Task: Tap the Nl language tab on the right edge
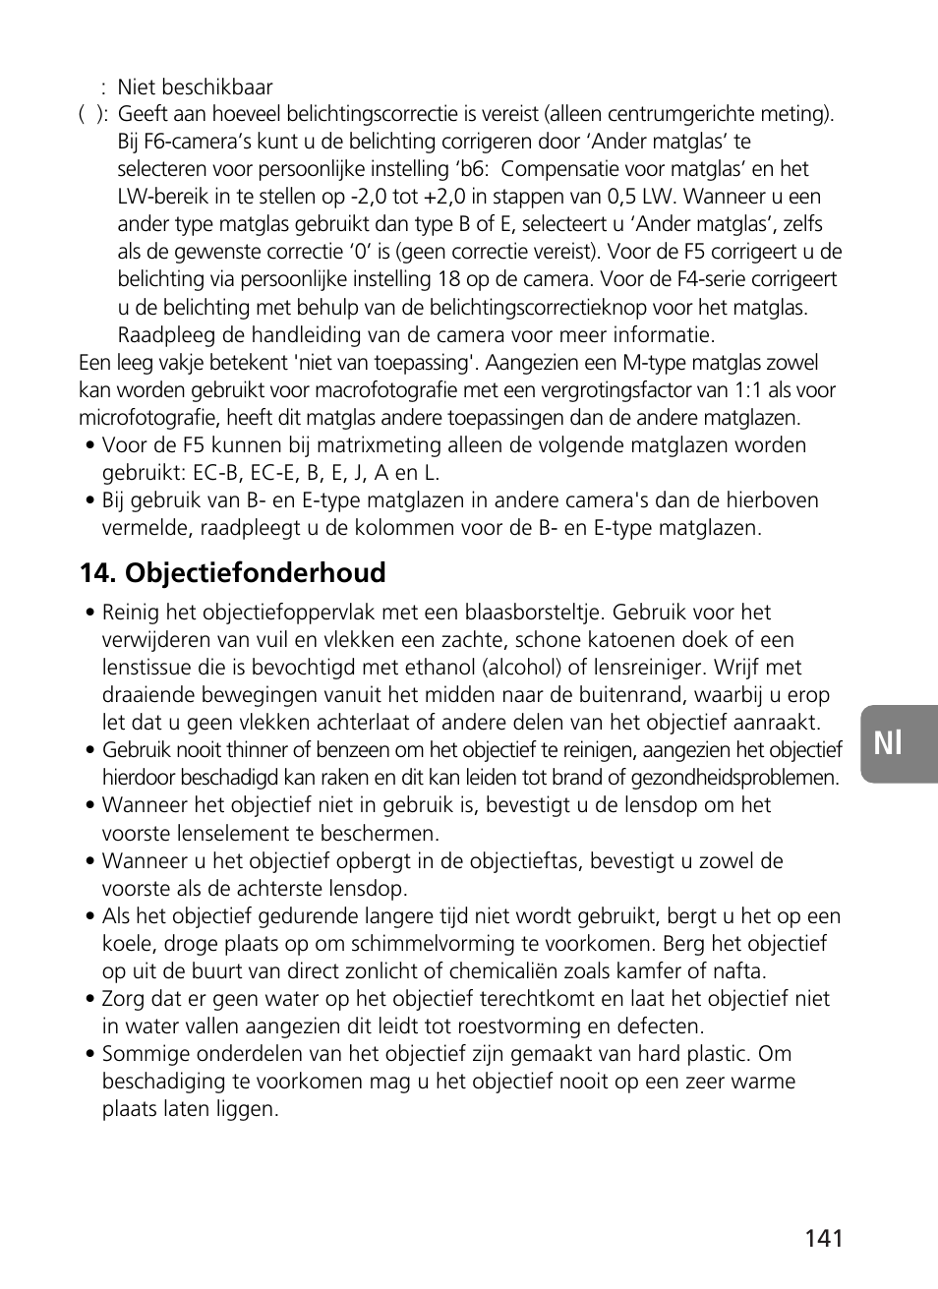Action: pos(889,743)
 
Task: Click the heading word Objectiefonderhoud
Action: pos(256,572)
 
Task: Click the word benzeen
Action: pos(354,750)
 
